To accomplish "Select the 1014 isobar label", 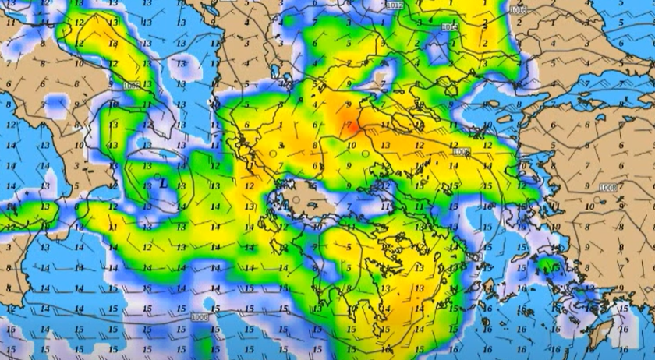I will coord(450,27).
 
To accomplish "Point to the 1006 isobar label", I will coord(199,317).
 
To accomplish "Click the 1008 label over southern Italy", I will coord(131,85).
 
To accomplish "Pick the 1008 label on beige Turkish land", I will coord(608,188).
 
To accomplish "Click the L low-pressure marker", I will coord(162,184).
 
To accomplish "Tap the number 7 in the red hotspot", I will coord(349,125).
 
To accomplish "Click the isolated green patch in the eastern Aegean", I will coord(555,266).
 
